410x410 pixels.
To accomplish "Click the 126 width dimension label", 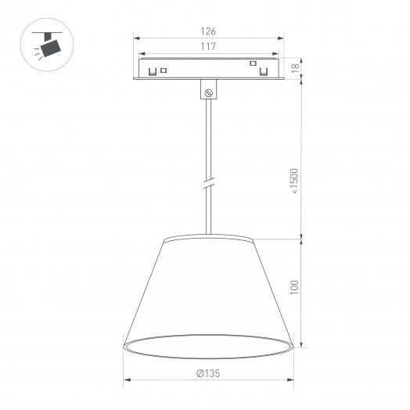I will [x=207, y=31].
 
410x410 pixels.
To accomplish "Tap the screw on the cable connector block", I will [x=208, y=92].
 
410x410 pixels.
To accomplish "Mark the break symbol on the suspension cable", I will [x=208, y=185].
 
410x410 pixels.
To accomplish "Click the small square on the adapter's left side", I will [x=164, y=71].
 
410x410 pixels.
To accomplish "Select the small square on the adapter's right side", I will [x=252, y=63].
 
